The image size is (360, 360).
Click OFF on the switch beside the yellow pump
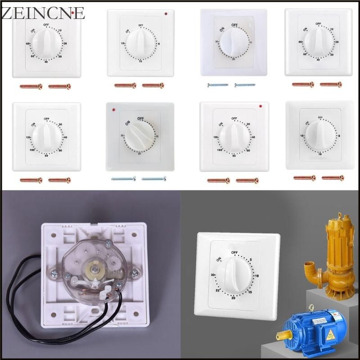pos(234,252)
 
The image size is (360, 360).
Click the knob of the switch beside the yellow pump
pos(234,274)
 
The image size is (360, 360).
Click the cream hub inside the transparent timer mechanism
pos(96,269)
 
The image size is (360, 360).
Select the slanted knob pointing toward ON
pos(136,135)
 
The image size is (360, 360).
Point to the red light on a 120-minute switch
pos(261,106)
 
